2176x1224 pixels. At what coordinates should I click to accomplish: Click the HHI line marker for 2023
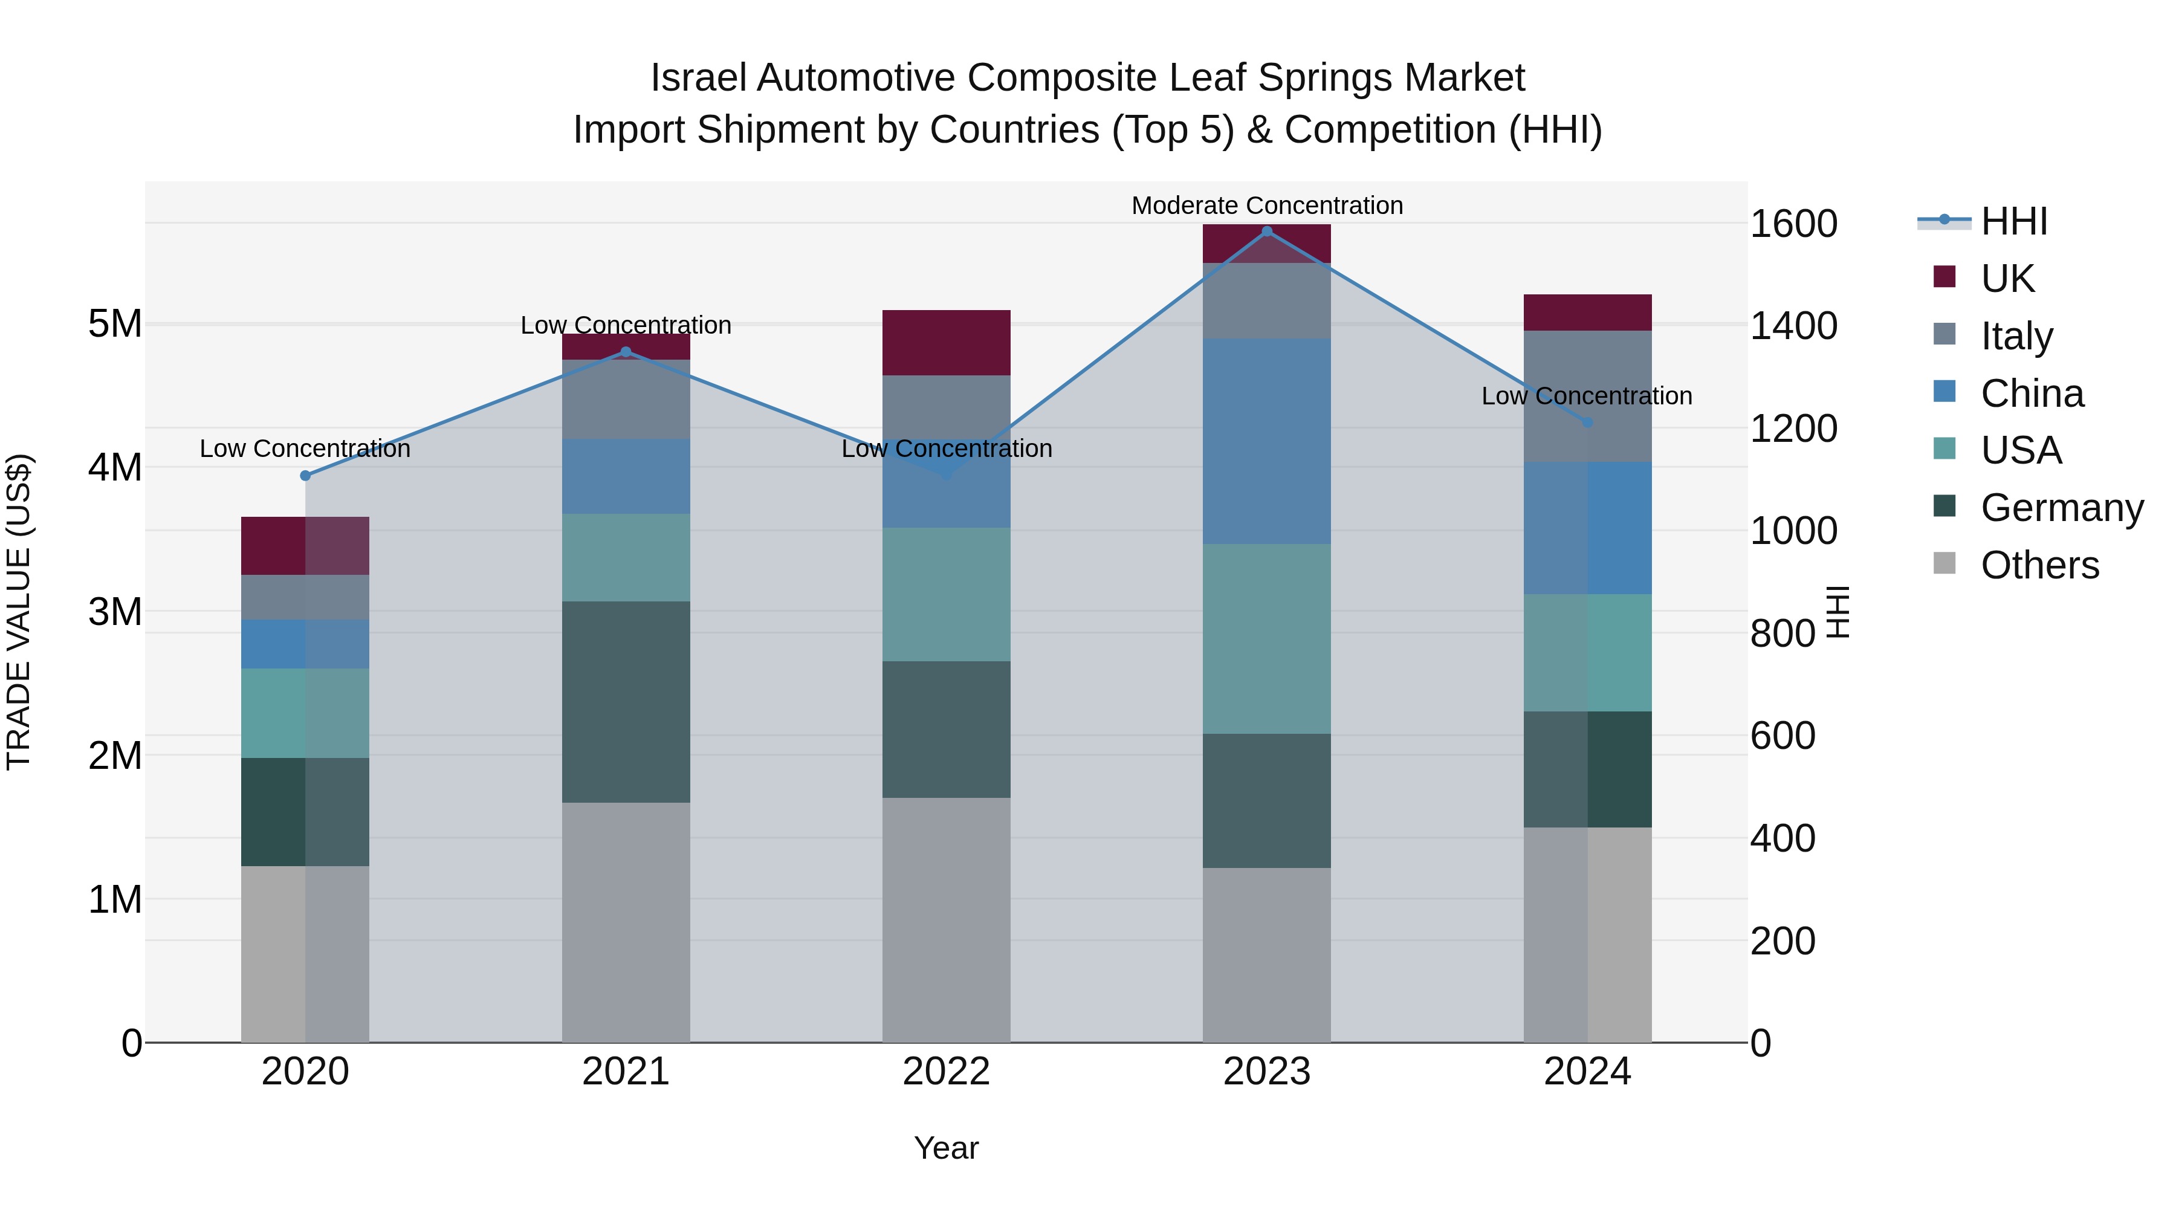(x=1266, y=232)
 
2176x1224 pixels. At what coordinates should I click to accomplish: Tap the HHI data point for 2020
(x=306, y=476)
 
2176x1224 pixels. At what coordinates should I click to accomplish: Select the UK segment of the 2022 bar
(x=946, y=343)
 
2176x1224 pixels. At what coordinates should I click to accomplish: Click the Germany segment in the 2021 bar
(x=626, y=702)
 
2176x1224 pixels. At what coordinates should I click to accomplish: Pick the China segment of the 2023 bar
(x=1266, y=442)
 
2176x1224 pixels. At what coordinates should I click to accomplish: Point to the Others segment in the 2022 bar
(x=946, y=920)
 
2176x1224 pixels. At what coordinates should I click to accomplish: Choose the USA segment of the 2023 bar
(x=1266, y=639)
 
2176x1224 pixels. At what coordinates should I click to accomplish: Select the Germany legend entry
(x=2061, y=508)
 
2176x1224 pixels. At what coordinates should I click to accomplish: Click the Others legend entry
(x=2039, y=565)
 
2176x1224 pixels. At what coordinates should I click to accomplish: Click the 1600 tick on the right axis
(x=1793, y=225)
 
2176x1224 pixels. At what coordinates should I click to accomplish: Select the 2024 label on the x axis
(x=1587, y=1072)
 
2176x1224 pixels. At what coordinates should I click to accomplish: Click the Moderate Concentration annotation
(x=1266, y=206)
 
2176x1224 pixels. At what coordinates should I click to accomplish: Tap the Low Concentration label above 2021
(x=626, y=325)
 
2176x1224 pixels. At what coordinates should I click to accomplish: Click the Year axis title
(x=946, y=1148)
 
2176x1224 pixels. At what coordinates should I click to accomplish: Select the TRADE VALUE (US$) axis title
(x=19, y=612)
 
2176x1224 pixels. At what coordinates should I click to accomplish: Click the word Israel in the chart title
(x=698, y=78)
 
